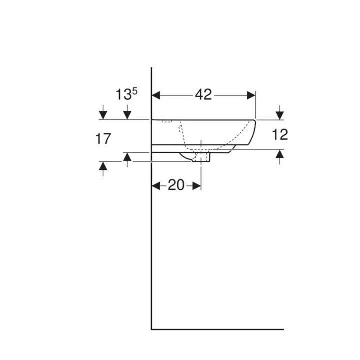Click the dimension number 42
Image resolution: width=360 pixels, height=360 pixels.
[x=203, y=94]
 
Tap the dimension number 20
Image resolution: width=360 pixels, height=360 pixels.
[x=176, y=185]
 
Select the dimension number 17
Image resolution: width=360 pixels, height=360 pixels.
[x=103, y=139]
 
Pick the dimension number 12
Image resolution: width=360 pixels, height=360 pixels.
[x=280, y=134]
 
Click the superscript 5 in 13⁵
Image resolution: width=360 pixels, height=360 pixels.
[x=135, y=91]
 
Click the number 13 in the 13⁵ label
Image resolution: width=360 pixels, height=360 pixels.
[x=124, y=95]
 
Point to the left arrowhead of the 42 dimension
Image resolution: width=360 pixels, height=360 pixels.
[x=156, y=95]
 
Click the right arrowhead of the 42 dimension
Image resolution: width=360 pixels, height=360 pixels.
[x=251, y=95]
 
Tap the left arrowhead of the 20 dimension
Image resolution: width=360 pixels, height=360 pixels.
[x=156, y=186]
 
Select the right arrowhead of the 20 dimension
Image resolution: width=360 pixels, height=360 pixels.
[x=197, y=186]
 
